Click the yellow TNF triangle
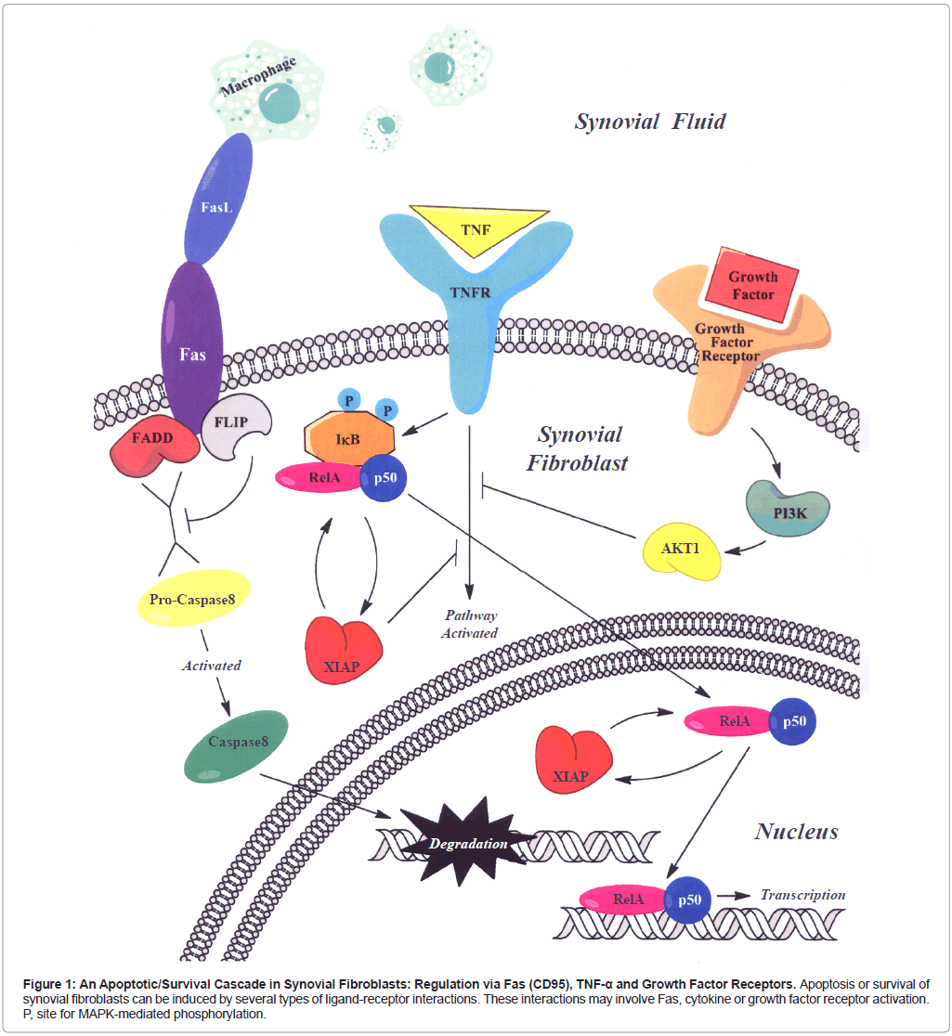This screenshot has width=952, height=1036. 476,226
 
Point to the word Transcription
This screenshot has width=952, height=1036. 803,895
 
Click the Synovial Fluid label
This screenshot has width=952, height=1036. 649,121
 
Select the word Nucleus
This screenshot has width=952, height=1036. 796,831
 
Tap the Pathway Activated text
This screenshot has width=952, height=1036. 470,624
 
